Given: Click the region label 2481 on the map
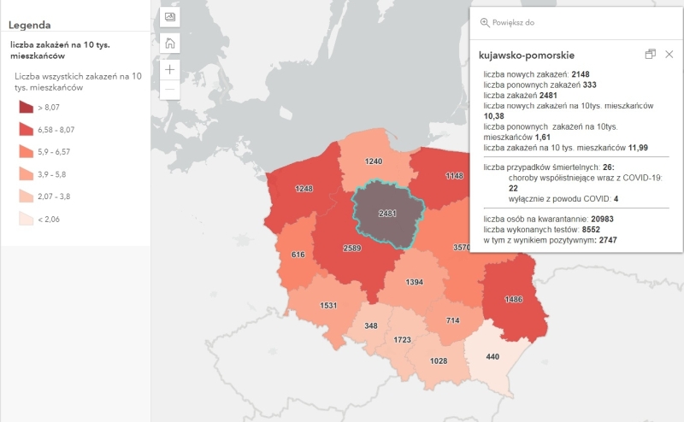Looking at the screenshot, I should [x=388, y=212].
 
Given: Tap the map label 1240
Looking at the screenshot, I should [x=373, y=161].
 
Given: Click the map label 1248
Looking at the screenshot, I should [x=304, y=188].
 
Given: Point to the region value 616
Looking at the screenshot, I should [x=298, y=255].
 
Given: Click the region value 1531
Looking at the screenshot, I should [x=330, y=306].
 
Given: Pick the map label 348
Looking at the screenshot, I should [x=370, y=326].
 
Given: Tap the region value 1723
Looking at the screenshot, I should [x=403, y=340].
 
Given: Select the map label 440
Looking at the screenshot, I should [x=492, y=355].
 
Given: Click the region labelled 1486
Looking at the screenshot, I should [x=514, y=299].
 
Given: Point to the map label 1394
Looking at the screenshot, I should [x=414, y=282].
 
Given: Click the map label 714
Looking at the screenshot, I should [x=453, y=319].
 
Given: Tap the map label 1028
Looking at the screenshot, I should [x=438, y=361].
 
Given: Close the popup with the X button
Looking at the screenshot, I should [x=669, y=55].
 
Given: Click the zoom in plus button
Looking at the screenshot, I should [x=170, y=69].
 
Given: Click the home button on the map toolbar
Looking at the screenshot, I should [x=170, y=44].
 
